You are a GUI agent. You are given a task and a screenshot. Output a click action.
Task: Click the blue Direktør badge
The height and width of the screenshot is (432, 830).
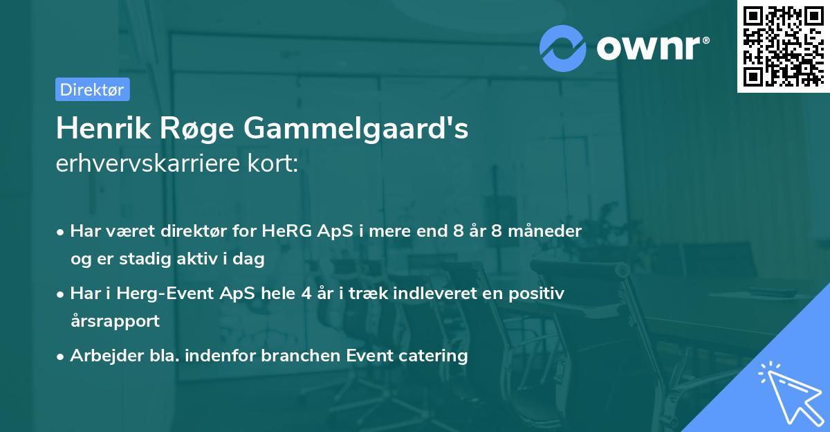click(x=93, y=89)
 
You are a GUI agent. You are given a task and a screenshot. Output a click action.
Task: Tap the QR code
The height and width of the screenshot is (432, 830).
click(x=784, y=46)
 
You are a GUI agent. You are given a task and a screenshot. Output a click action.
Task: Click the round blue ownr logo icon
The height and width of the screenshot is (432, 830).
click(x=562, y=48)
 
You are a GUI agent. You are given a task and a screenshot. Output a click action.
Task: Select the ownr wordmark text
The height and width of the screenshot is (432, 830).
click(x=653, y=48)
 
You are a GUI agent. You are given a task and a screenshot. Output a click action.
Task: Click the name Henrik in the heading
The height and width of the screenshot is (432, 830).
click(x=103, y=128)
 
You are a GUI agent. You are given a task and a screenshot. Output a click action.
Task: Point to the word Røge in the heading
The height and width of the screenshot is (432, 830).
click(x=196, y=130)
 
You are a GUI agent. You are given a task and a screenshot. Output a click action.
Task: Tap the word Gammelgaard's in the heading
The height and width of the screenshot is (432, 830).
click(x=356, y=129)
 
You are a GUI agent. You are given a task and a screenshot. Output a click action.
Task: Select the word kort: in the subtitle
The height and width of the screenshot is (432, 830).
click(x=273, y=163)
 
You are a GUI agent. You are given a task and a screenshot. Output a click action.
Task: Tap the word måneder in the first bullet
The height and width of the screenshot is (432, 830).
click(x=545, y=231)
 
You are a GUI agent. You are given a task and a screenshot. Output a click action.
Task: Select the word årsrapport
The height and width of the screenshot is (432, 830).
click(x=116, y=321)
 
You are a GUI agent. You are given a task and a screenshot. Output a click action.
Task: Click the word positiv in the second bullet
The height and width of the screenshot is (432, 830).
click(x=536, y=294)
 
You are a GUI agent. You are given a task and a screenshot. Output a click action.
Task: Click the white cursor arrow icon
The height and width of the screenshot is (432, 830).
click(x=791, y=394)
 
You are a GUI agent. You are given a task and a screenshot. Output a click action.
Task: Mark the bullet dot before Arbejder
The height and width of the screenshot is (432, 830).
click(x=60, y=357)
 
